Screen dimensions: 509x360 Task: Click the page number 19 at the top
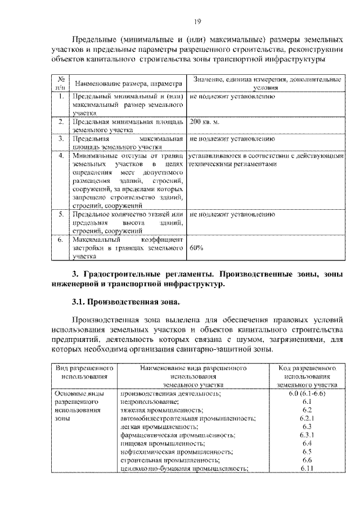tap(197, 22)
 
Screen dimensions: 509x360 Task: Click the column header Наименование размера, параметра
tap(129, 84)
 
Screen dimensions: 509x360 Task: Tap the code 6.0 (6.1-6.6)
tap(307, 394)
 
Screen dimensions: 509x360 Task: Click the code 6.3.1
tap(307, 435)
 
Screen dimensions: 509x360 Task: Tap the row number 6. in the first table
tap(61, 239)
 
